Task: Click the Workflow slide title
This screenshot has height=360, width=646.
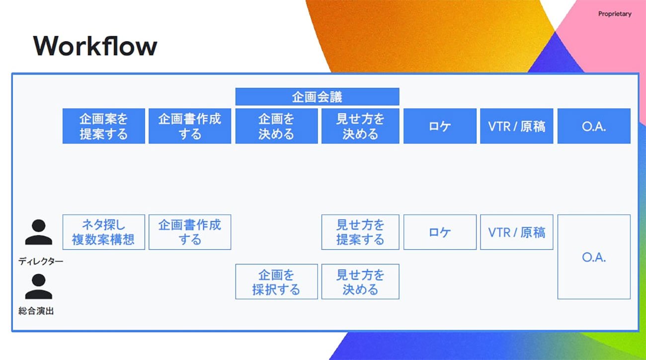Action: pyautogui.click(x=95, y=46)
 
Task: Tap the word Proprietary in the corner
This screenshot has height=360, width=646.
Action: pyautogui.click(x=615, y=14)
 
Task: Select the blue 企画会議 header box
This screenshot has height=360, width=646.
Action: pyautogui.click(x=317, y=96)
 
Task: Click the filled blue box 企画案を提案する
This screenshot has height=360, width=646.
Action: pyautogui.click(x=103, y=126)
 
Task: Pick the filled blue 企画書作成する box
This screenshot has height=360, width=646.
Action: pyautogui.click(x=190, y=126)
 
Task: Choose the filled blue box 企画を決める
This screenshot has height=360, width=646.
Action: pyautogui.click(x=276, y=126)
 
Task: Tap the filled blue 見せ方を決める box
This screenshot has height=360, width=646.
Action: pyautogui.click(x=360, y=126)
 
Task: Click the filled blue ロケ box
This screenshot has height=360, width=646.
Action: pyautogui.click(x=440, y=126)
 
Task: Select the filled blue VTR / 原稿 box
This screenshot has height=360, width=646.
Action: pyautogui.click(x=516, y=126)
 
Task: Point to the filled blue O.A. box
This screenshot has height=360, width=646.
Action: pyautogui.click(x=594, y=126)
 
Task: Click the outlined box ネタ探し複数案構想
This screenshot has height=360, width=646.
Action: pyautogui.click(x=103, y=232)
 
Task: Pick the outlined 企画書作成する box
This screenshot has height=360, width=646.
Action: pyautogui.click(x=190, y=232)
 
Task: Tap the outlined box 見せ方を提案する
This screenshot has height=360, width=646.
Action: pyautogui.click(x=360, y=232)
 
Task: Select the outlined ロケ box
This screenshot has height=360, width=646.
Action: pyautogui.click(x=440, y=232)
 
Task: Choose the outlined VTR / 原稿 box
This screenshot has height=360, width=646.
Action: pyautogui.click(x=516, y=232)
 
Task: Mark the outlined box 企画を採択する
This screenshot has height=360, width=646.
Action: pyautogui.click(x=276, y=282)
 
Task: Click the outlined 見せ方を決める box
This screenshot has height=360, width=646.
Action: pyautogui.click(x=360, y=282)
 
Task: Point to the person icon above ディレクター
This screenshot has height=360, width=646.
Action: pyautogui.click(x=39, y=232)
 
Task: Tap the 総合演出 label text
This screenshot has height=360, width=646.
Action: pyautogui.click(x=36, y=311)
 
